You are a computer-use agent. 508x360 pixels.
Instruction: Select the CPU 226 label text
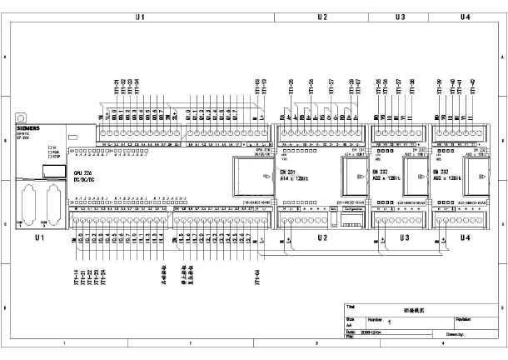pyautogui.click(x=82, y=172)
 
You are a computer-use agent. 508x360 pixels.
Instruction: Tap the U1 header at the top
pyautogui.click(x=141, y=17)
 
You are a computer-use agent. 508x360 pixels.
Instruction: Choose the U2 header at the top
pyautogui.click(x=322, y=17)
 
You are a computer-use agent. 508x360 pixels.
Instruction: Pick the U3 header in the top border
pyautogui.click(x=400, y=17)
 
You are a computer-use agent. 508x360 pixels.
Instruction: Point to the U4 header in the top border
pyautogui.click(x=465, y=17)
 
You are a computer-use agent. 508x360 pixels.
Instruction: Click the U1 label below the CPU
pyautogui.click(x=38, y=238)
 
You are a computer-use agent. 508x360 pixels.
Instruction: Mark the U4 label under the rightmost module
pyautogui.click(x=465, y=238)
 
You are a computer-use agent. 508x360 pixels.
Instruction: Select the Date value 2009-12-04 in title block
pyautogui.click(x=371, y=332)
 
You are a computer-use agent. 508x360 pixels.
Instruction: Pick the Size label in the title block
pyautogui.click(x=350, y=318)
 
